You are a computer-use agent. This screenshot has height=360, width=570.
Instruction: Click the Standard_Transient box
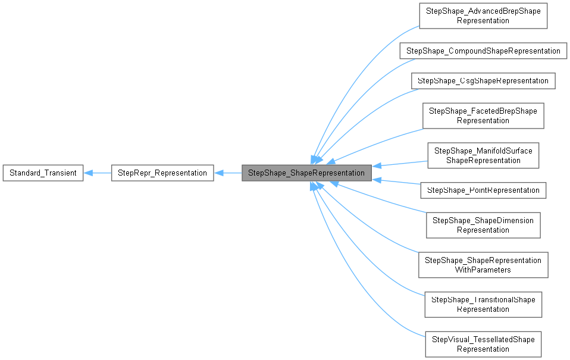tap(43, 173)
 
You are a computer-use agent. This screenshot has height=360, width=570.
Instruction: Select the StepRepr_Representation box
tap(162, 173)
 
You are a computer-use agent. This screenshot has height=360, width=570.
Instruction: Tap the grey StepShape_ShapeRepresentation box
tap(306, 173)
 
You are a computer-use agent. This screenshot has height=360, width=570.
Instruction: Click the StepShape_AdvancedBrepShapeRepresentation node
tap(483, 16)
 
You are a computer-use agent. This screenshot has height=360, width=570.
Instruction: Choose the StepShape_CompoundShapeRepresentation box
tap(483, 51)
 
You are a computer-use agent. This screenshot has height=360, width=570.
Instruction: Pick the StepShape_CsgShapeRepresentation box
tap(483, 80)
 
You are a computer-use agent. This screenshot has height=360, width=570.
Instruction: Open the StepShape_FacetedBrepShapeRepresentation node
tap(483, 115)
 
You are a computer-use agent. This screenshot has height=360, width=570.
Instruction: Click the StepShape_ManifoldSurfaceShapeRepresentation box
tap(483, 155)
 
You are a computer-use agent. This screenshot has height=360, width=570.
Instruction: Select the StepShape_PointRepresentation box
tap(483, 190)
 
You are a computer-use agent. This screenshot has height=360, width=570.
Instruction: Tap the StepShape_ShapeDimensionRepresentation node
tap(483, 225)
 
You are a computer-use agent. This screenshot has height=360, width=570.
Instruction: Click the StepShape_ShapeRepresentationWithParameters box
tap(483, 265)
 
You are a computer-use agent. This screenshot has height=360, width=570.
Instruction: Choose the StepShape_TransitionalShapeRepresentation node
tap(483, 305)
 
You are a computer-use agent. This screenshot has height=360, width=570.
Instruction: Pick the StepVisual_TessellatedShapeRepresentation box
tap(483, 345)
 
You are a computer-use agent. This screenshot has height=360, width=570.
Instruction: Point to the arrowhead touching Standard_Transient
tap(88, 173)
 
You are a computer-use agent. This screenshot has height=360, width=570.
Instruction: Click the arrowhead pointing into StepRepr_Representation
tap(218, 173)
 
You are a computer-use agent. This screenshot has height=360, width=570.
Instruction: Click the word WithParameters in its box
tap(483, 270)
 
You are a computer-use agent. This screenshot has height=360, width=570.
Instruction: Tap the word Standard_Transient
tap(43, 173)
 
